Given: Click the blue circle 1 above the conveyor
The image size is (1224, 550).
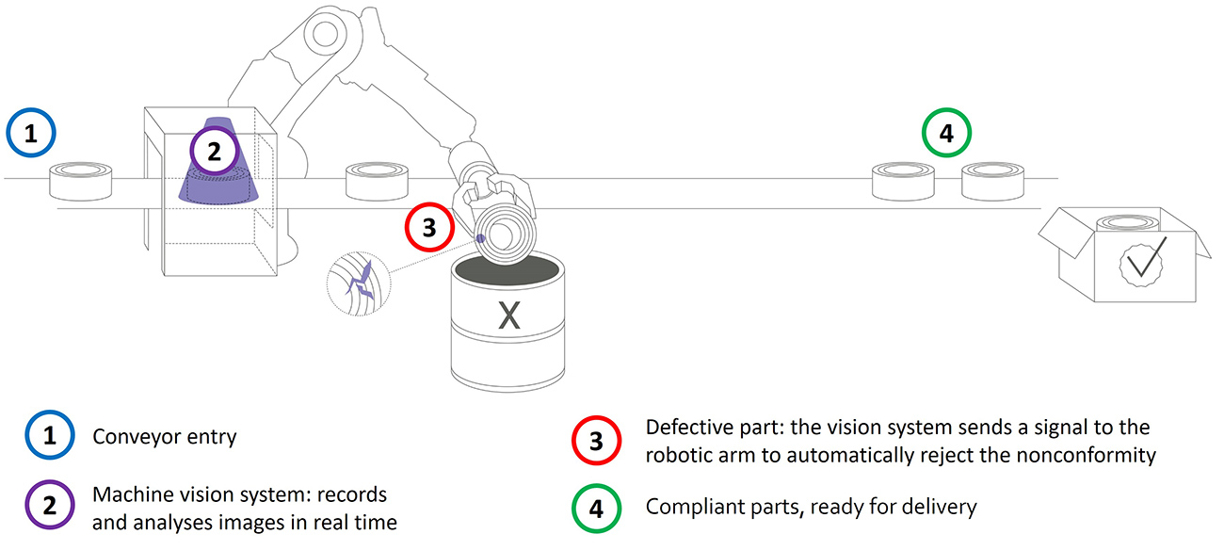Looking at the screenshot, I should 32,134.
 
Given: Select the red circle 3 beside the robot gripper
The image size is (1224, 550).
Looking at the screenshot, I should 430,228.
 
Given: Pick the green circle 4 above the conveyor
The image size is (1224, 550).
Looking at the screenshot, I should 946,134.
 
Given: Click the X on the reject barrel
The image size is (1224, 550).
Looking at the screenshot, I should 508,317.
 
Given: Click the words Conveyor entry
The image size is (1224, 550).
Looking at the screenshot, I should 166,438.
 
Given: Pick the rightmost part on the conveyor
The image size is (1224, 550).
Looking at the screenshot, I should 992,180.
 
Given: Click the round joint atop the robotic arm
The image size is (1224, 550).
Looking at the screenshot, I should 327,36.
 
